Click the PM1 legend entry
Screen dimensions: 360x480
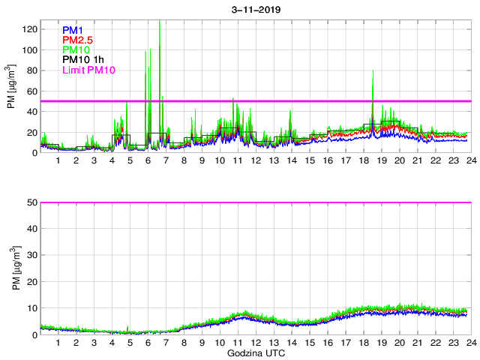(x=73, y=31)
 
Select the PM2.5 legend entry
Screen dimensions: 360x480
(x=78, y=40)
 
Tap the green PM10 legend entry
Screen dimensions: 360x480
(x=76, y=50)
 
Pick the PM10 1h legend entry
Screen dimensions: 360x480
(x=83, y=60)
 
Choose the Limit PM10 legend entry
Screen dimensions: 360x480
(x=89, y=70)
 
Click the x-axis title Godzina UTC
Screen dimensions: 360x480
(x=255, y=352)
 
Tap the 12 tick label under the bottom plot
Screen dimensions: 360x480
(x=256, y=342)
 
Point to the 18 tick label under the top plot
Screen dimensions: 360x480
(x=363, y=160)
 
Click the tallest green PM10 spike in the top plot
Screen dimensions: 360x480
(x=160, y=22)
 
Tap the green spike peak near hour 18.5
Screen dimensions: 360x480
(x=373, y=71)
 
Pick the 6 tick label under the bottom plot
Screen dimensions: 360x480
(x=148, y=342)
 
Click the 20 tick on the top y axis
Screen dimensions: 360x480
(x=31, y=132)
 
